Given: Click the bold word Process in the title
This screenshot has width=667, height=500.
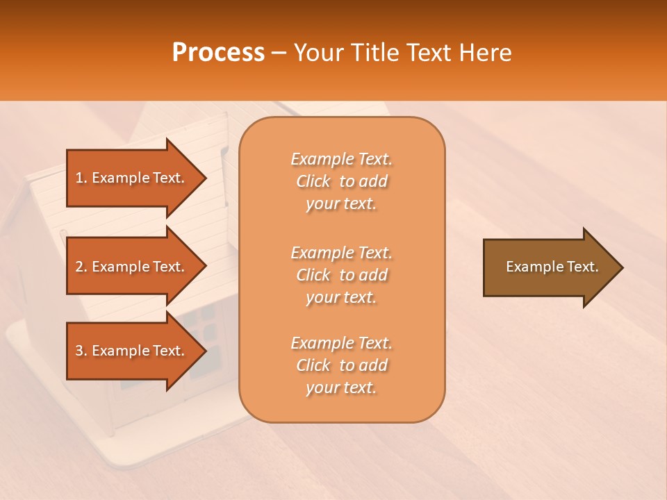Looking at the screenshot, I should [218, 52].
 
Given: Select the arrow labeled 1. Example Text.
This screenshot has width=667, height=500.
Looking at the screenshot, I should [132, 178].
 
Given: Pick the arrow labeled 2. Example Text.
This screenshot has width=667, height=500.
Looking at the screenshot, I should [132, 267].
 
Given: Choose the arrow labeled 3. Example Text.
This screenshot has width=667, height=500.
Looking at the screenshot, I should [132, 351].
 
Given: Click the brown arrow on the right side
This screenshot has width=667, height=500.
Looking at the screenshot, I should [549, 267].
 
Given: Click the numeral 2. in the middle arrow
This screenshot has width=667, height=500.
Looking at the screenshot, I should [81, 267].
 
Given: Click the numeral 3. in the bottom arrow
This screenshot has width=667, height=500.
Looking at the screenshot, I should [81, 351].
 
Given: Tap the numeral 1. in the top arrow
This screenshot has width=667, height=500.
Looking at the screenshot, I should [81, 178].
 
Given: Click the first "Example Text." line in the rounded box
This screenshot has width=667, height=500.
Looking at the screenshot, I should [341, 159].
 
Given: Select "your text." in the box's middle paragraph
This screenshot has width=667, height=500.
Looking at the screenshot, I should [341, 297].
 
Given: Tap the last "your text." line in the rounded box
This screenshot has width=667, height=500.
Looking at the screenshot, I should [341, 387].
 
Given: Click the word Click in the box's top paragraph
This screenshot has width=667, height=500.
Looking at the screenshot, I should [313, 181].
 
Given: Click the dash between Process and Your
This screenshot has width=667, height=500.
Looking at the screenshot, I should [279, 53].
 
